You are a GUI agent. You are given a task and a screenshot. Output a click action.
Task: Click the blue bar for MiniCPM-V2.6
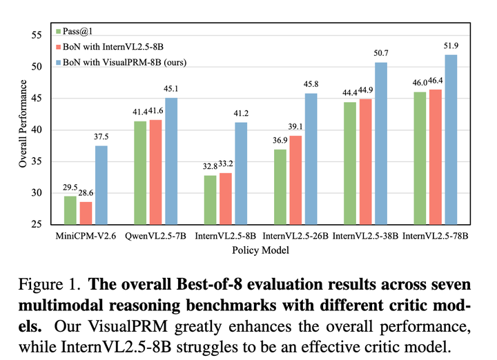pos(101,185)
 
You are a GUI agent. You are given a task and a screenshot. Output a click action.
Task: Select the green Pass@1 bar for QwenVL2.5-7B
pos(141,172)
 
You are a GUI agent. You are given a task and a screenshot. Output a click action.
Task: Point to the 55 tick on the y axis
pos(37,35)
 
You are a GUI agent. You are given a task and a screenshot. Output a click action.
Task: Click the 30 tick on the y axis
pos(37,193)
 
